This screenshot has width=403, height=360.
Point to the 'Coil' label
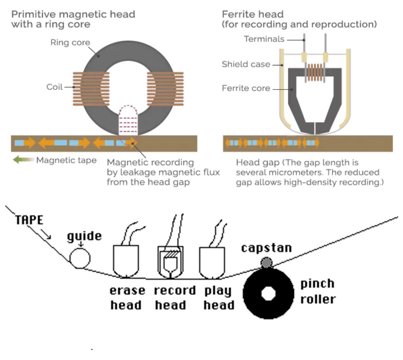pyautogui.click(x=55, y=87)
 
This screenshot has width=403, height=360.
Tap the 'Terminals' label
pyautogui.click(x=264, y=39)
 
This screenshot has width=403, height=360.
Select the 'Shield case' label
pyautogui.click(x=246, y=64)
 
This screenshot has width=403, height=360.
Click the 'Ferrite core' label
pyautogui.click(x=246, y=88)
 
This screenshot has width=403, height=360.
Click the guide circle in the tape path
pyautogui.click(x=80, y=258)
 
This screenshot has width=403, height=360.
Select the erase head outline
pyautogui.click(x=126, y=261)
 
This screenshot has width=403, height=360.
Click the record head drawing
pyautogui.click(x=170, y=261)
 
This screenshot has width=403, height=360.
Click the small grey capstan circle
pyautogui.click(x=267, y=262)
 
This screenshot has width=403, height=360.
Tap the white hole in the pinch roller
pyautogui.click(x=267, y=293)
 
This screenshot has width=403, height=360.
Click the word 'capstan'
pyautogui.click(x=267, y=247)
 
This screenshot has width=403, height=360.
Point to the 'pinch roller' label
pyautogui.click(x=318, y=291)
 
